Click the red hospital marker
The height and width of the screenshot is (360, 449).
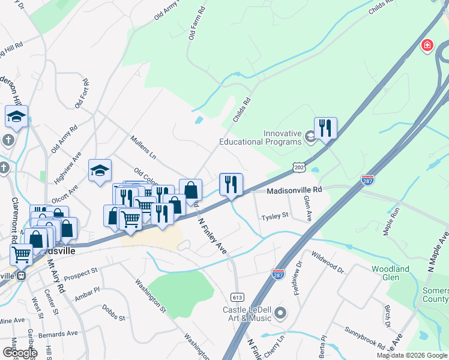427,46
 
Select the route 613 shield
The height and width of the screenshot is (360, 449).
237,297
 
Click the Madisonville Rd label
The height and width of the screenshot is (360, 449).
294,190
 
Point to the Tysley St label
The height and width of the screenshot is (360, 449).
276,215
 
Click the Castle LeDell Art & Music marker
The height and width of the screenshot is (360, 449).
280,313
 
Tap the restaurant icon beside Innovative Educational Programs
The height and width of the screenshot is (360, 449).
325,128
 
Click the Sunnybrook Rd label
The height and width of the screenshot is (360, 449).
365,338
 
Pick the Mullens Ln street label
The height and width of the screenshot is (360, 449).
143,148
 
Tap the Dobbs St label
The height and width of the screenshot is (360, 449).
113,313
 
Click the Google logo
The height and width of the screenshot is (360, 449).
19,352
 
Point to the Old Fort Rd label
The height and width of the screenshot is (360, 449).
82,94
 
